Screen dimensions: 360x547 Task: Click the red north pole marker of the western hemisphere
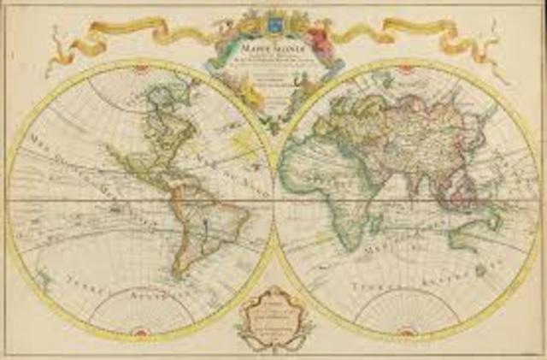click(x=138, y=68)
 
